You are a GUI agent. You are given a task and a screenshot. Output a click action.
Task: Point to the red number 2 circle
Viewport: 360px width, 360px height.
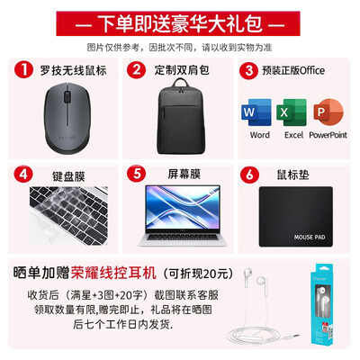pos(138,69)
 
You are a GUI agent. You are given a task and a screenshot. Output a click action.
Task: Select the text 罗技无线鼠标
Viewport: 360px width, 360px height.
pos(75,69)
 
